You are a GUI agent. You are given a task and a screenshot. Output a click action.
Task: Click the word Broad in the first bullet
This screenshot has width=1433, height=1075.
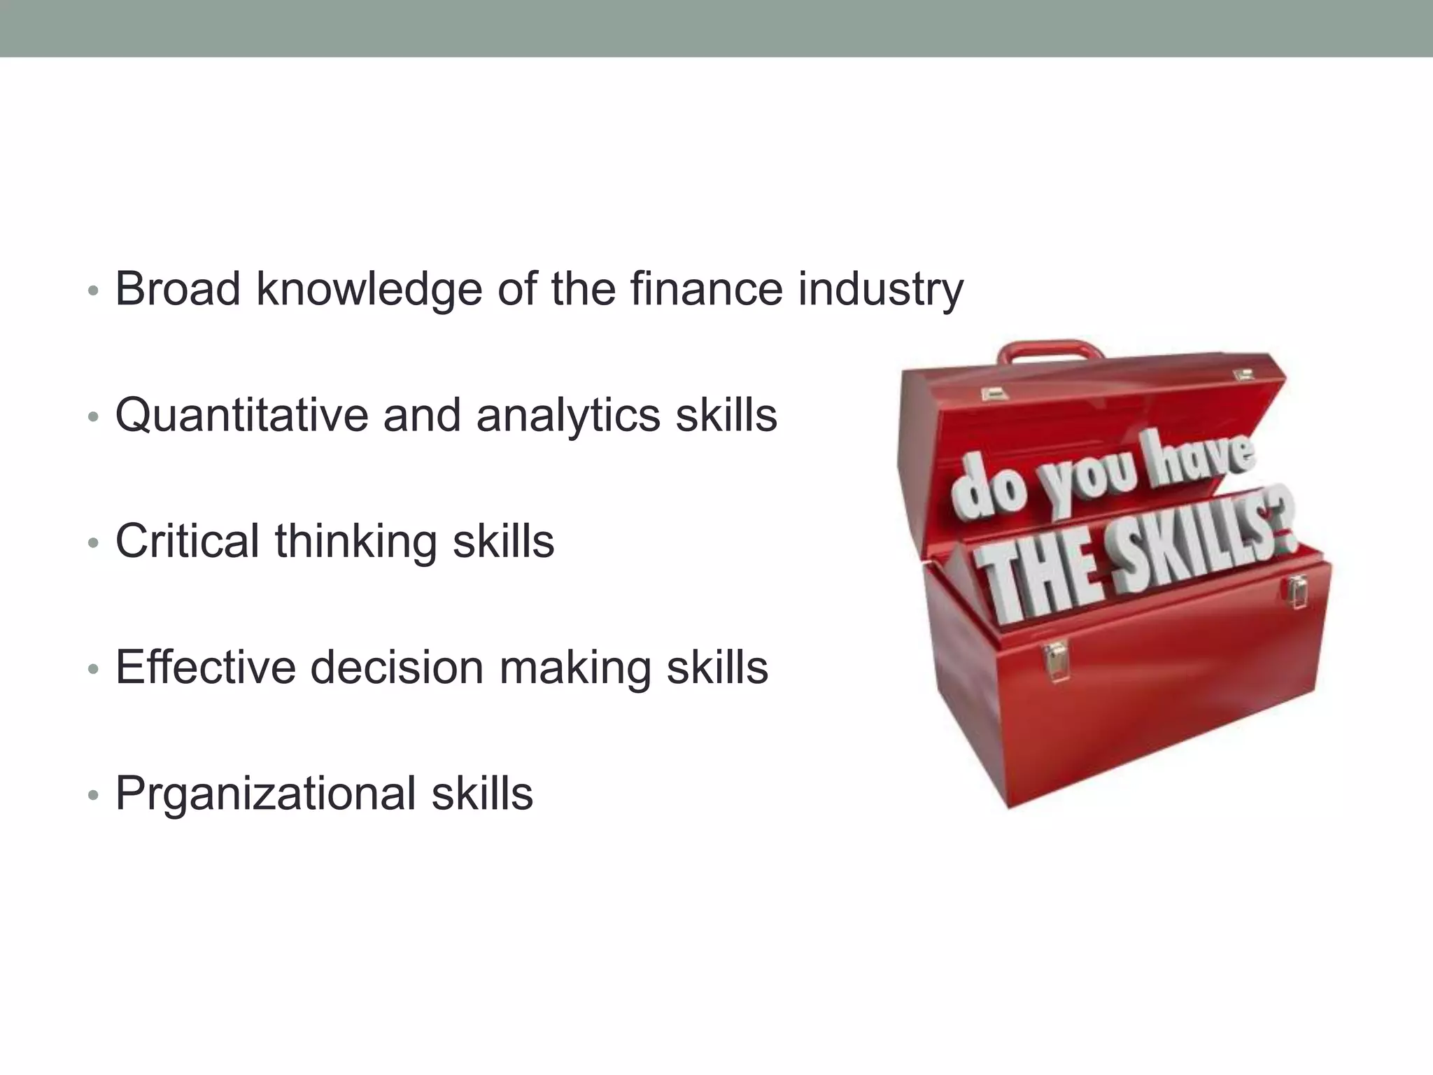[x=178, y=288]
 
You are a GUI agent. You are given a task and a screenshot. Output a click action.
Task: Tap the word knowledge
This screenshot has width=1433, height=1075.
[x=369, y=290]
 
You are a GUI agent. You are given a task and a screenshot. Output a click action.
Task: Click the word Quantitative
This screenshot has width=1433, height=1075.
[x=241, y=415]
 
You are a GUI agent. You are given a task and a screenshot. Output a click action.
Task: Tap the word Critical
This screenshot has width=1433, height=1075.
[x=188, y=541]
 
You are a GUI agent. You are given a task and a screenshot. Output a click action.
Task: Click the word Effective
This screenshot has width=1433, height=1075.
[x=206, y=667]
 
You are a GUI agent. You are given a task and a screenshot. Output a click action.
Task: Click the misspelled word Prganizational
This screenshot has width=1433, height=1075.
[x=265, y=794]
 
